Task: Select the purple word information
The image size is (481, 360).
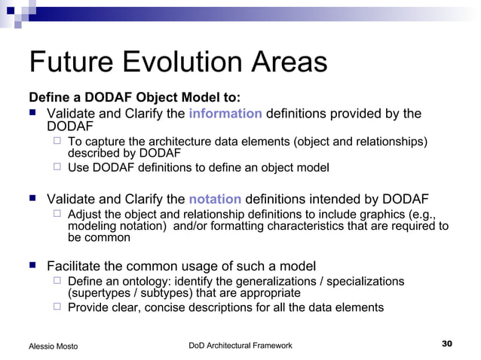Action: tap(225, 114)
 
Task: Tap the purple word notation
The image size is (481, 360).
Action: tap(215, 200)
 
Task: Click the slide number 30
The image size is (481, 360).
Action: tap(446, 344)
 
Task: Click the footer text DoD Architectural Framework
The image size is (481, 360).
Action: tap(240, 345)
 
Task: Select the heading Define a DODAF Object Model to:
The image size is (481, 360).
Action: tap(124, 98)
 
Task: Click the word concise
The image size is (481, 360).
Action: tap(165, 307)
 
